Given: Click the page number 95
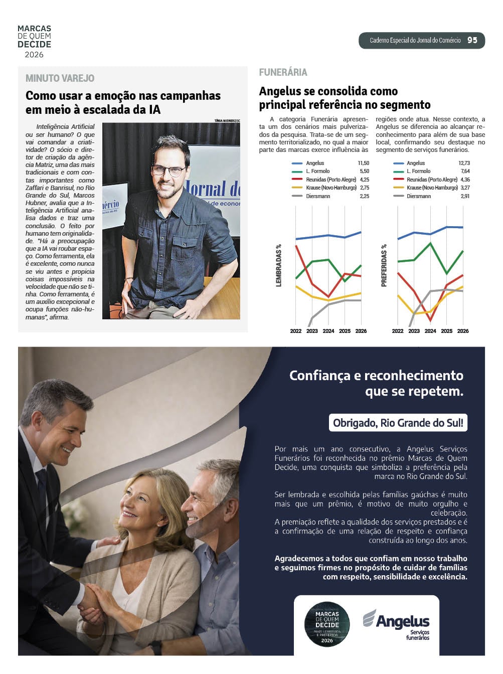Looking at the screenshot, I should pyautogui.click(x=472, y=40).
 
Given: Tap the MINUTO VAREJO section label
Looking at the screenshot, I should pyautogui.click(x=60, y=78).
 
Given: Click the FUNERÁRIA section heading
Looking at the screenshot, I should pyautogui.click(x=283, y=72).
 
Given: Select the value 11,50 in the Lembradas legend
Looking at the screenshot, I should pyautogui.click(x=363, y=163).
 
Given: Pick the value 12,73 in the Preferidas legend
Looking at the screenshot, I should pyautogui.click(x=464, y=163).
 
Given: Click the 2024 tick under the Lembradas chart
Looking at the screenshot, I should pyautogui.click(x=328, y=331).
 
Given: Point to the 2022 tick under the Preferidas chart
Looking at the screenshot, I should pyautogui.click(x=398, y=331).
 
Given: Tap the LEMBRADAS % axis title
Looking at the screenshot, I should pyautogui.click(x=279, y=265).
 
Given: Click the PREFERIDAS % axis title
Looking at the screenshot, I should pyautogui.click(x=384, y=265).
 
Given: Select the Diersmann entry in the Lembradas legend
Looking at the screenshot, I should pyautogui.click(x=318, y=196).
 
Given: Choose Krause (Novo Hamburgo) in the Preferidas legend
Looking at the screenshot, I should pyautogui.click(x=432, y=188).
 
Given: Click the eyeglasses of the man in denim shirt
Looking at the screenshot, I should pyautogui.click(x=170, y=171).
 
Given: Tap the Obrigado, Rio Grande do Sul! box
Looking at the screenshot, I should pyautogui.click(x=398, y=423).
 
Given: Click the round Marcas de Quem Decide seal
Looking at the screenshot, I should pyautogui.click(x=327, y=624).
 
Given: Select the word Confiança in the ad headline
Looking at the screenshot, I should pyautogui.click(x=319, y=376).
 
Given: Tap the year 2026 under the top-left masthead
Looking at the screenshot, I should pyautogui.click(x=34, y=55).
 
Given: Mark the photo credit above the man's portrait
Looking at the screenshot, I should pyautogui.click(x=227, y=120).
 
